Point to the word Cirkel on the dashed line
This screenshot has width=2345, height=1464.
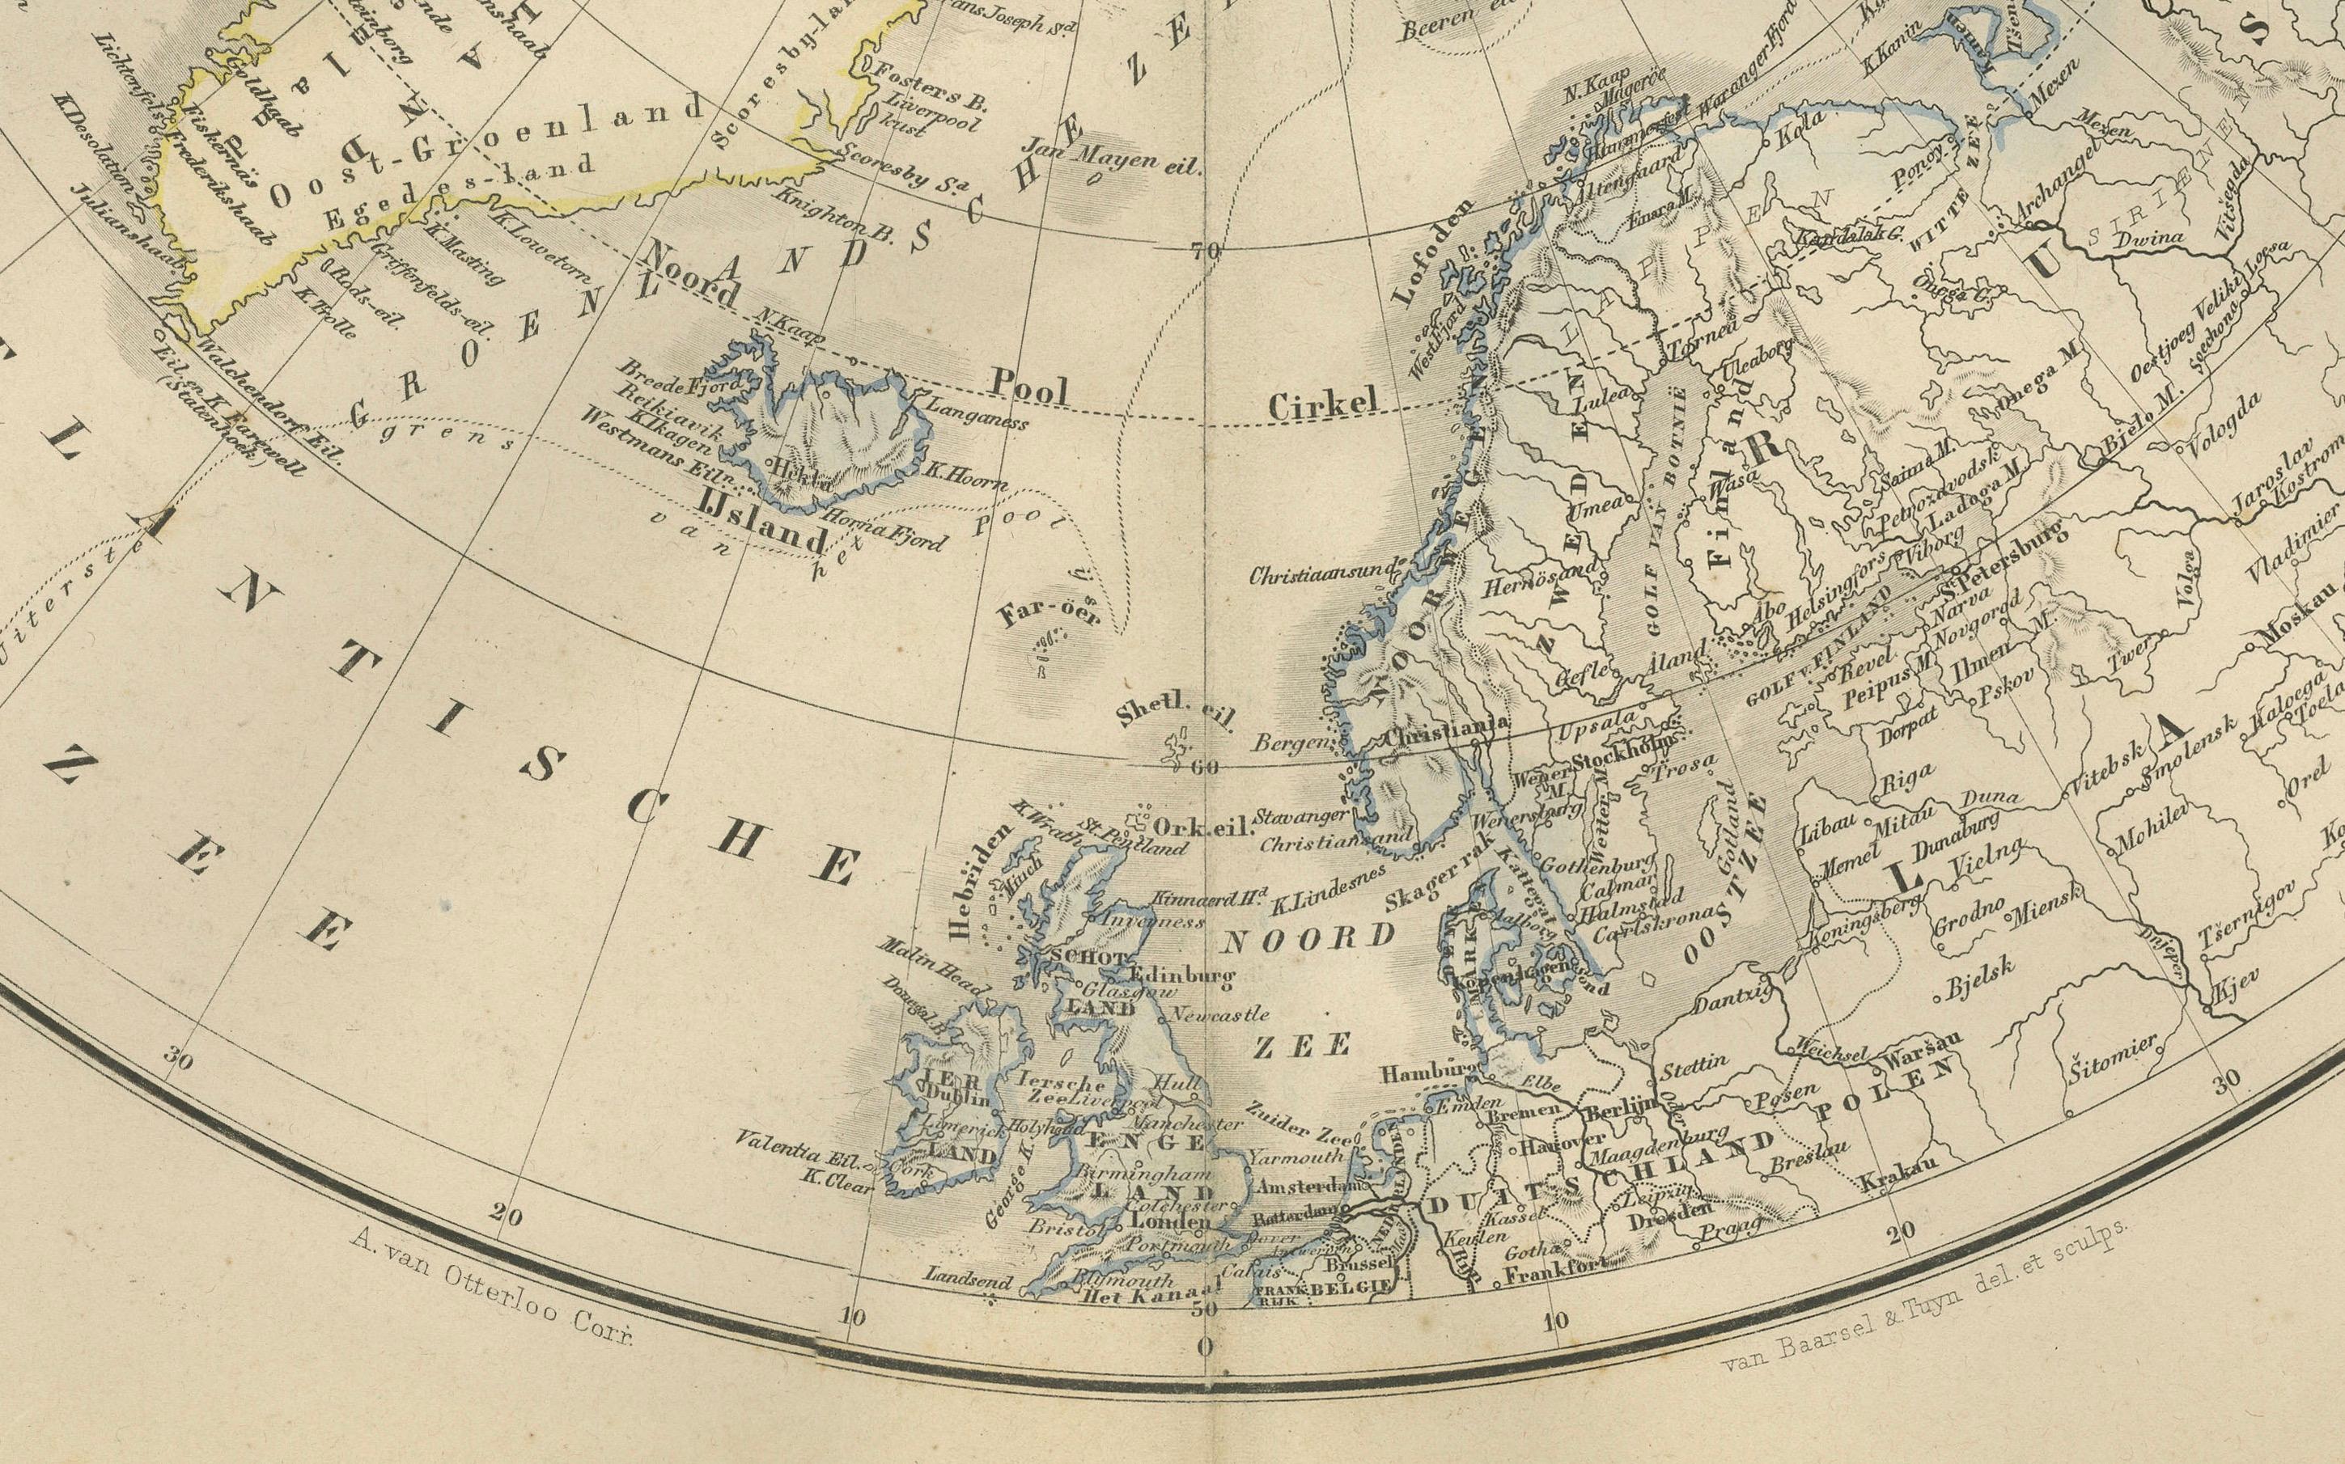1322,407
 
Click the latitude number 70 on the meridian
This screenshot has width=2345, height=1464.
1206,252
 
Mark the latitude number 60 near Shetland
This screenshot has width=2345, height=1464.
1205,768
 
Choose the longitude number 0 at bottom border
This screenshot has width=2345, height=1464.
1204,1347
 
